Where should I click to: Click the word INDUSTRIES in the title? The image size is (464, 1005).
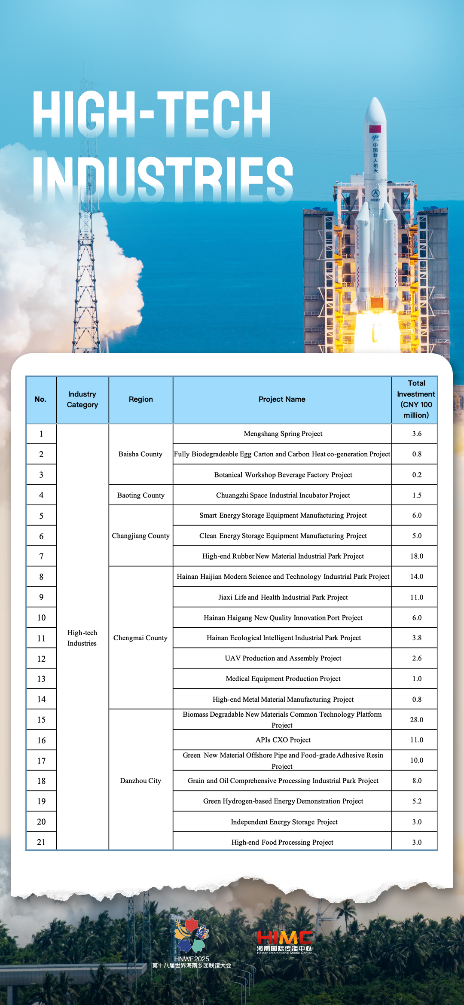163,178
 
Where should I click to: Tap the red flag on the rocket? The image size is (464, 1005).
375,128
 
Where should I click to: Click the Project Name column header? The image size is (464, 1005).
282,399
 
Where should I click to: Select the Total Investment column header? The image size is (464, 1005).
416,399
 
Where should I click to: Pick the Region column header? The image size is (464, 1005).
140,399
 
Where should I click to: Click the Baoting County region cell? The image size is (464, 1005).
140,495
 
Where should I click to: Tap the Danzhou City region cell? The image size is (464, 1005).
140,781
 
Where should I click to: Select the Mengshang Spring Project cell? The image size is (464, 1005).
283,434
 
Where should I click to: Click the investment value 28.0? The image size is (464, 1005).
416,720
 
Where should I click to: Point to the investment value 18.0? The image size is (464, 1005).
416,556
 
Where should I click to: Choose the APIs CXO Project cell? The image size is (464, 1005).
283,740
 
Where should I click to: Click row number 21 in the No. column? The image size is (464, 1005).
41,842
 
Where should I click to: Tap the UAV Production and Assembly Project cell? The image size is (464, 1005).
283,658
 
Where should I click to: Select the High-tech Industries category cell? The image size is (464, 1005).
82,638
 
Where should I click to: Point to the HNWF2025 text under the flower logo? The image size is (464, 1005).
192,959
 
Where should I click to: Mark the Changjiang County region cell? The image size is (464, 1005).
140,536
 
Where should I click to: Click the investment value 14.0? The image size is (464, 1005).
416,577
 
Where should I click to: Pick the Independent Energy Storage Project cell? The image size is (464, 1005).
284,822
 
